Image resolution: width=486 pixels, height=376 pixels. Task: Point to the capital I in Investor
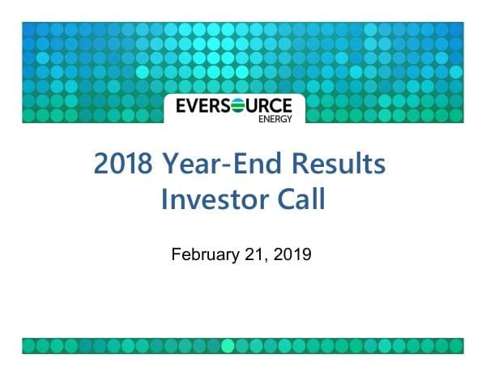[165, 199]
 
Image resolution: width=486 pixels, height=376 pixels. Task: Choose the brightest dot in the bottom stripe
[228, 346]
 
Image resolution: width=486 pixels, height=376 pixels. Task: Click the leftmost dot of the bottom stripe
[29, 346]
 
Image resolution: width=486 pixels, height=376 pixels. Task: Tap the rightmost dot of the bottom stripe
[456, 346]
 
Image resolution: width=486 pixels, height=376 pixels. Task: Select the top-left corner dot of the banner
[29, 29]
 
